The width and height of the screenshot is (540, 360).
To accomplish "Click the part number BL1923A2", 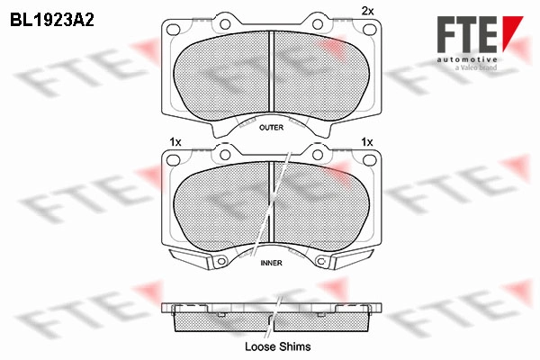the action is pyautogui.click(x=52, y=21).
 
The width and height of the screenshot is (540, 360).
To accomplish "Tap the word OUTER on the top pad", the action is pyautogui.click(x=272, y=128).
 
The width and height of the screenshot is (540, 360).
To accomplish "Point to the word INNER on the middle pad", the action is pyautogui.click(x=272, y=263).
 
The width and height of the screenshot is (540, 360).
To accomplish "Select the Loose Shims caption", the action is pyautogui.click(x=277, y=346).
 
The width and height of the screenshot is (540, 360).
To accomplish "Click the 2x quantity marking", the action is pyautogui.click(x=367, y=12).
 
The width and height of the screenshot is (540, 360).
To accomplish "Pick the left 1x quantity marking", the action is pyautogui.click(x=175, y=142).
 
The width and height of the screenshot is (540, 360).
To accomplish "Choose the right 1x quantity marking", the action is pyautogui.click(x=367, y=142).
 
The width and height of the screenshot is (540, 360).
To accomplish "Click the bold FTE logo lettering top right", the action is pyautogui.click(x=467, y=34).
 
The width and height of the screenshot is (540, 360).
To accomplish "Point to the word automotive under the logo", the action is pyautogui.click(x=467, y=59).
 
